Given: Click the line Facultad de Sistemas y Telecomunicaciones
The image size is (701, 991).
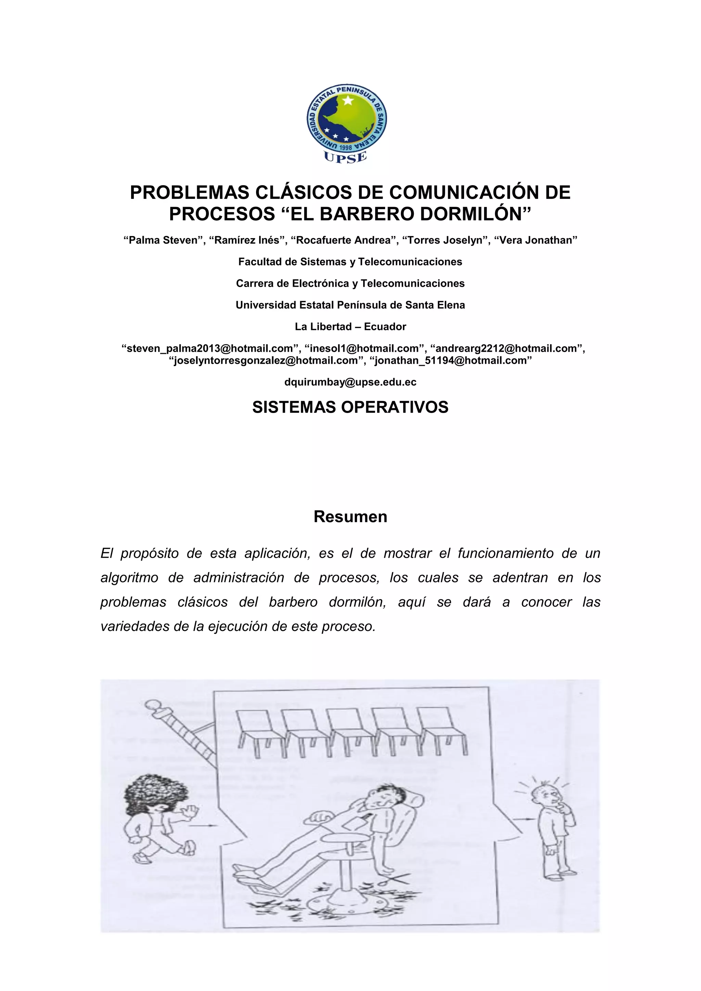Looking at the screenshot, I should coord(350,262).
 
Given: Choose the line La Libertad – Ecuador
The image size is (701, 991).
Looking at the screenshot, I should coord(350,327).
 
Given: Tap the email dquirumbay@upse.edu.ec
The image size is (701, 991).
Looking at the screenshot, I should coord(350,382).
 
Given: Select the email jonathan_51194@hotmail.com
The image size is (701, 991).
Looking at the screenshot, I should coord(451,360).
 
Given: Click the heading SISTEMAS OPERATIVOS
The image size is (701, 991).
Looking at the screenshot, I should coord(350,407).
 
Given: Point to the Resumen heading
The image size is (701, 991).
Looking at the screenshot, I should coord(350,517).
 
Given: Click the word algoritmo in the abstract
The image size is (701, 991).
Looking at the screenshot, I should coord(129,578).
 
